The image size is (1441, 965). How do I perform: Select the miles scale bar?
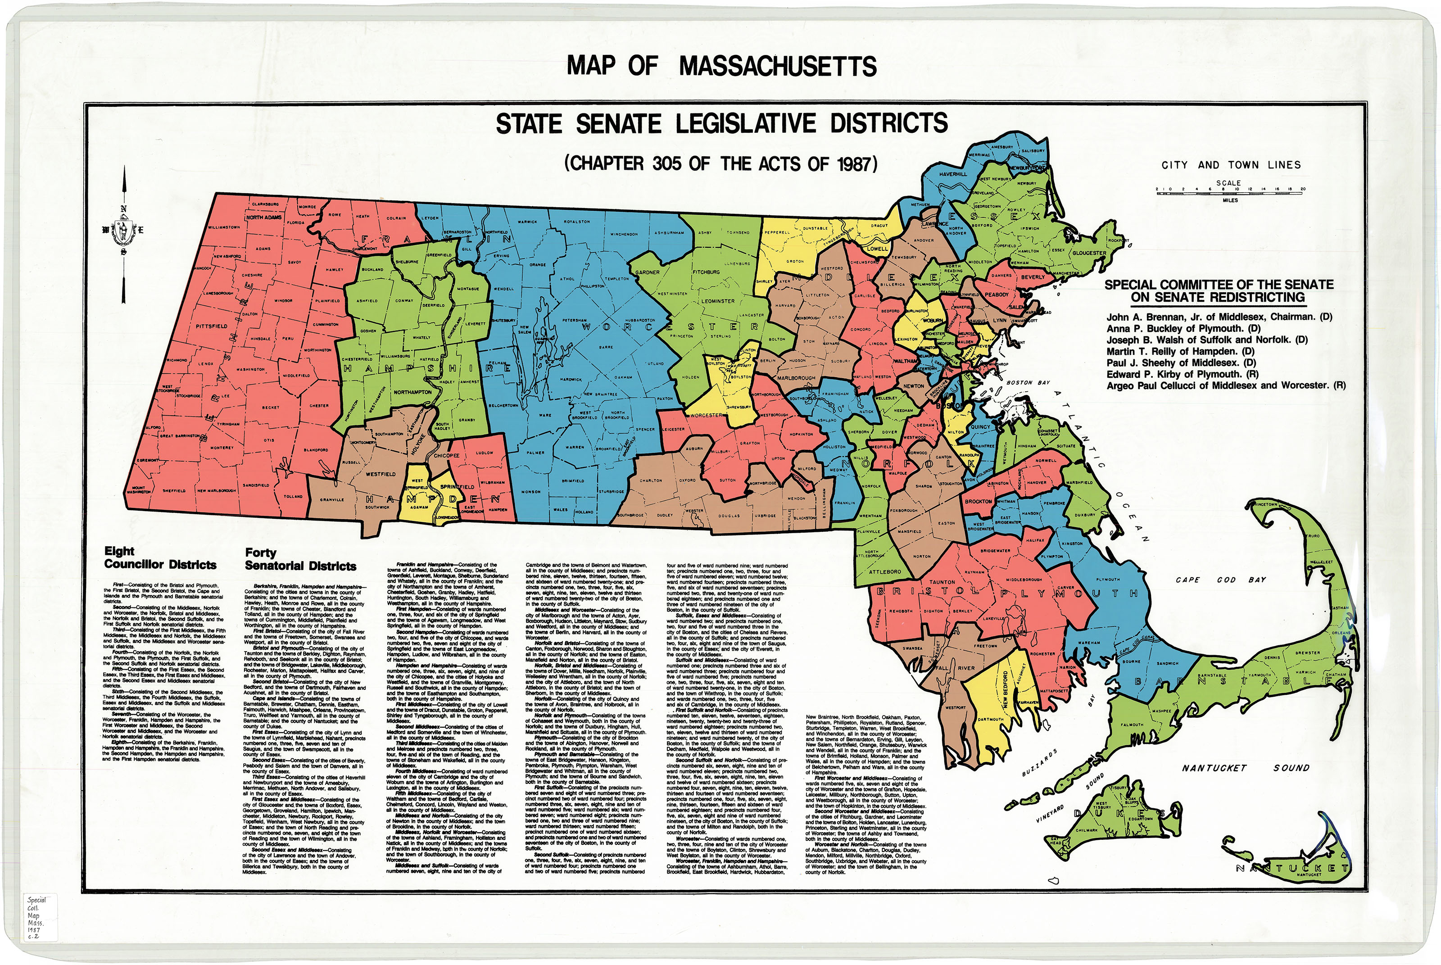(1229, 193)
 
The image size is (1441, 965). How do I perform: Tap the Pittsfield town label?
(212, 326)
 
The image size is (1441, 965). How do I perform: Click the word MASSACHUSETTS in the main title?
(778, 67)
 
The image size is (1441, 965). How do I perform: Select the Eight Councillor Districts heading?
(160, 558)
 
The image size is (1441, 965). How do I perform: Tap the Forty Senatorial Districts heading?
(300, 559)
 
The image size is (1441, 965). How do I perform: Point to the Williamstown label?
(223, 227)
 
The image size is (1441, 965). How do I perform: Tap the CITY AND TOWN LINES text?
(1231, 165)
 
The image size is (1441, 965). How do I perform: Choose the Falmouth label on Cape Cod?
(1132, 725)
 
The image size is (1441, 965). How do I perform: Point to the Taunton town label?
(942, 582)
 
